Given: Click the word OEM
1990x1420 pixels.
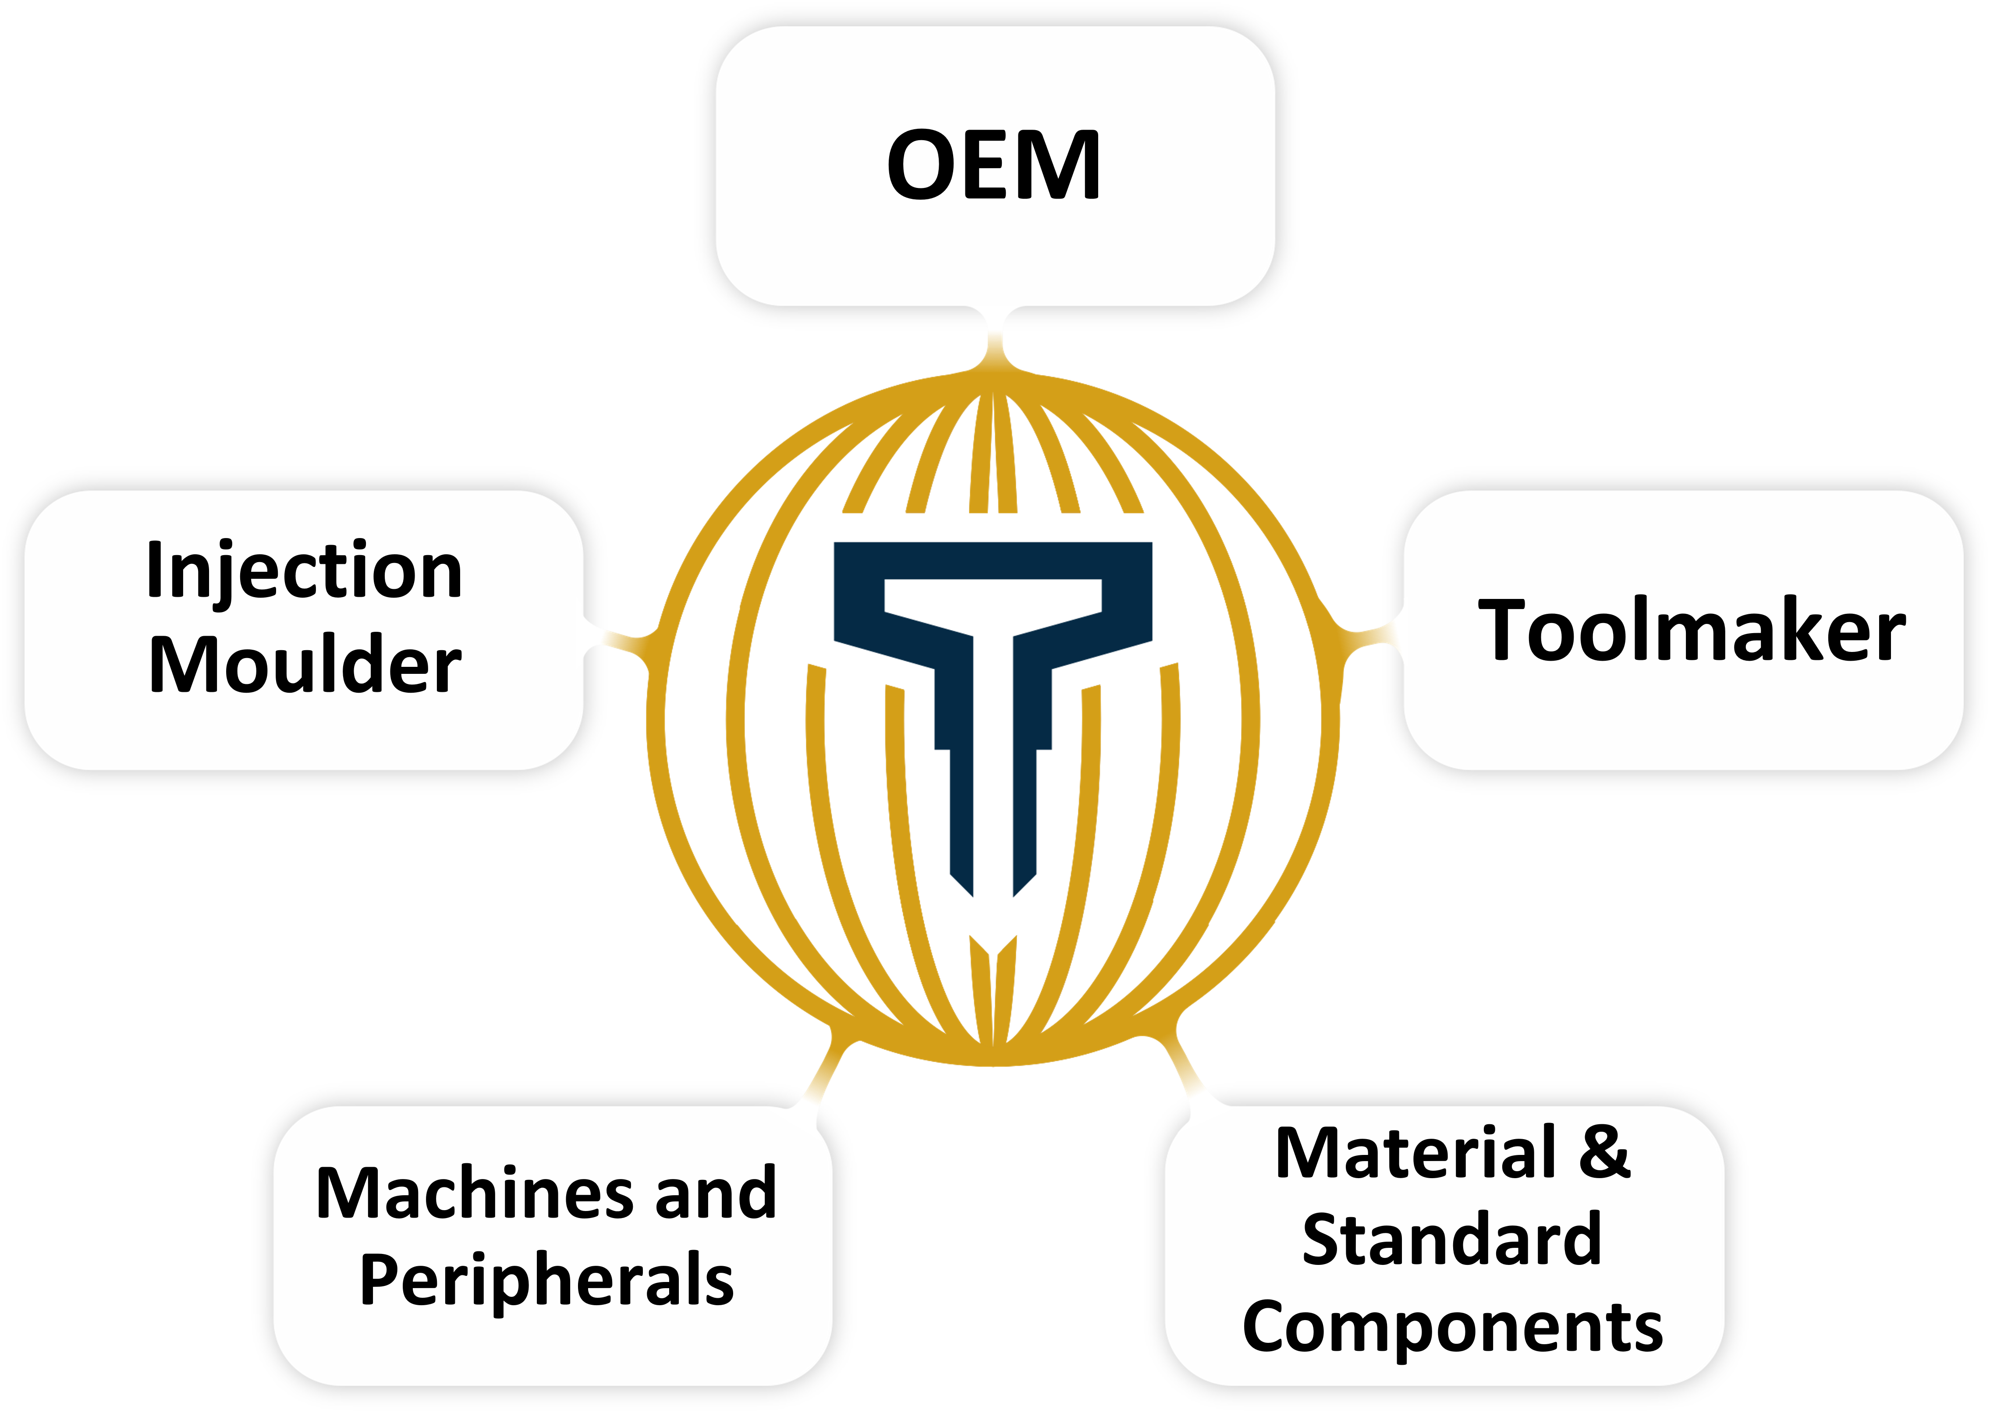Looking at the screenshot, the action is tap(993, 164).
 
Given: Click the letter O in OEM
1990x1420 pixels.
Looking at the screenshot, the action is tap(922, 164).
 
